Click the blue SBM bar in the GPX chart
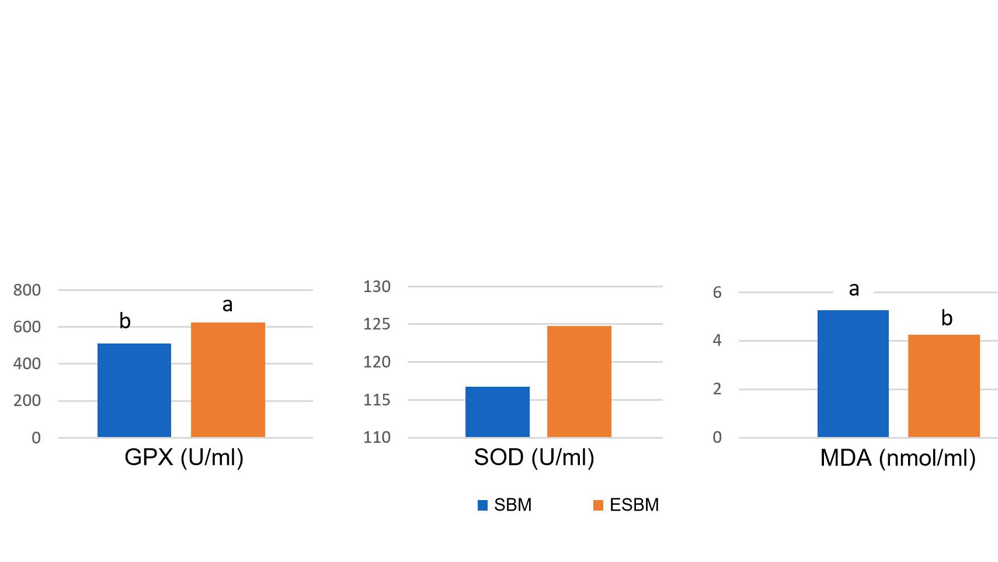tap(134, 390)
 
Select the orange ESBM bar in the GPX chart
tap(228, 380)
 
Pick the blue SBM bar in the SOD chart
tap(498, 412)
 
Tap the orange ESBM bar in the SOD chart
tap(579, 381)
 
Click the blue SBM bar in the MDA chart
tap(853, 374)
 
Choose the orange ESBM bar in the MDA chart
tap(944, 386)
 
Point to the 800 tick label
tap(27, 290)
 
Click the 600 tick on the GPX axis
tap(27, 327)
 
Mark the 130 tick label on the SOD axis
tap(377, 287)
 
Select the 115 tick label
tap(377, 400)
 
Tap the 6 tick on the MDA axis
tap(717, 293)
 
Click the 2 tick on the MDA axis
tap(717, 389)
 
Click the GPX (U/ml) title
tap(184, 457)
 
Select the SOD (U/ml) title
tap(534, 457)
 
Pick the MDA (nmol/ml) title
tap(898, 458)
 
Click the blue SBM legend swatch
tap(482, 505)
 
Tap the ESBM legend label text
tap(634, 505)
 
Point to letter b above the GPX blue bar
tap(125, 321)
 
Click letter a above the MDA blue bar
tap(854, 289)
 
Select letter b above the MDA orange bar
tap(947, 318)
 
